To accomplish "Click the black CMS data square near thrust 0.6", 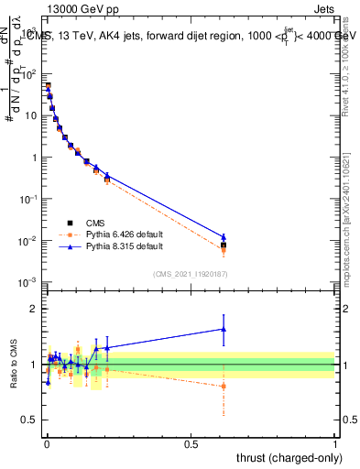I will point(224,245).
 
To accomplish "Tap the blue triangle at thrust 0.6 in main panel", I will point(224,237).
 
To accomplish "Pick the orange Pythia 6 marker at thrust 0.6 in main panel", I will point(224,249).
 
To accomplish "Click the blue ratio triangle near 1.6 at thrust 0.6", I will point(224,329).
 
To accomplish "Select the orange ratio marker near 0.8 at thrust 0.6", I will point(224,386).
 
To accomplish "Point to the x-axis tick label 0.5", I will point(191,444).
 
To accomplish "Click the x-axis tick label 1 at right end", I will point(336,444).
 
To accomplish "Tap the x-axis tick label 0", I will point(46,444).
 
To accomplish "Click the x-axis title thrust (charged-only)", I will point(286,457).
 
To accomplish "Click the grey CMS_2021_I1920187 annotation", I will point(191,274).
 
